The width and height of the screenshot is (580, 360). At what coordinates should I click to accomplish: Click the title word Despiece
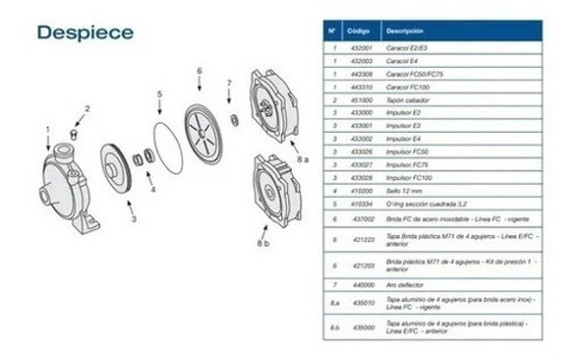pyautogui.click(x=85, y=31)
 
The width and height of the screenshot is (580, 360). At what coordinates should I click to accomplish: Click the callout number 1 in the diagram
pyautogui.click(x=46, y=128)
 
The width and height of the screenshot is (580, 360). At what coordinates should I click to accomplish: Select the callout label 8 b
pyautogui.click(x=262, y=241)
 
